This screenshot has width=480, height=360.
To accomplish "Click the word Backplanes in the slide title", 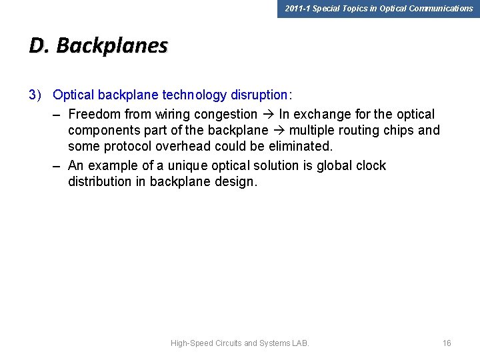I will [x=112, y=45].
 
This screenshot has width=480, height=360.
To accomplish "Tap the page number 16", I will [x=447, y=343].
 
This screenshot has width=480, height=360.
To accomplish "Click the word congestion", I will [x=225, y=114].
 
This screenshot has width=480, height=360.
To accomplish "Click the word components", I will [x=104, y=131].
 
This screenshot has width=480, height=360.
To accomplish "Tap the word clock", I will [x=370, y=165].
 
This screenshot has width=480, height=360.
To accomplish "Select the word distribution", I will [x=97, y=182].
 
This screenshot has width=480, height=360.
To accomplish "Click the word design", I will [x=235, y=182].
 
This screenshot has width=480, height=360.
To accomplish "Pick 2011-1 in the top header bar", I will [x=297, y=9].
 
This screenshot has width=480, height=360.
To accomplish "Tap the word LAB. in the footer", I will [x=300, y=343].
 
